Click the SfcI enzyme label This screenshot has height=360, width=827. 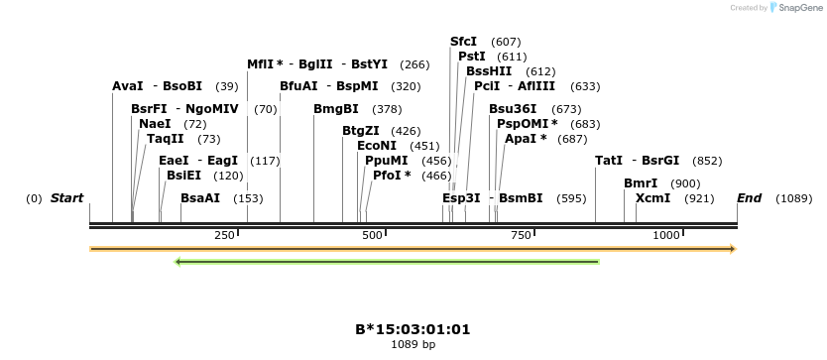point(464,42)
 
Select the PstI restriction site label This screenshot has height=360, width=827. point(471,57)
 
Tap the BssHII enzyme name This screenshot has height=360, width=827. point(489,71)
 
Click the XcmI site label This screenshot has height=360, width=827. point(653,198)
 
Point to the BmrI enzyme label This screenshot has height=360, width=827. point(641,183)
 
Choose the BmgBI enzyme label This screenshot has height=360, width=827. point(336,109)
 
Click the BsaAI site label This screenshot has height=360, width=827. point(200,198)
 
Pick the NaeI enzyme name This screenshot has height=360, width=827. point(155,124)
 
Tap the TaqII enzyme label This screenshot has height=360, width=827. point(166,139)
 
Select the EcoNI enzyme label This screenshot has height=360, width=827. point(377,145)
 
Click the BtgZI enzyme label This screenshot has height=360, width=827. point(361,130)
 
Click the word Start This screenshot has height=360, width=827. point(67,198)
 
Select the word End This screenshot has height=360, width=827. point(750,198)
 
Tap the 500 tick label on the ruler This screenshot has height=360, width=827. point(373,235)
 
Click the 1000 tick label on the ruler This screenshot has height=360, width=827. point(666,235)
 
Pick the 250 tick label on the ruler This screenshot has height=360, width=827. point(224,235)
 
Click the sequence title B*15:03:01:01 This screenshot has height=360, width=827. point(413,328)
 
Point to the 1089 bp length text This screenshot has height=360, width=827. point(413,345)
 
